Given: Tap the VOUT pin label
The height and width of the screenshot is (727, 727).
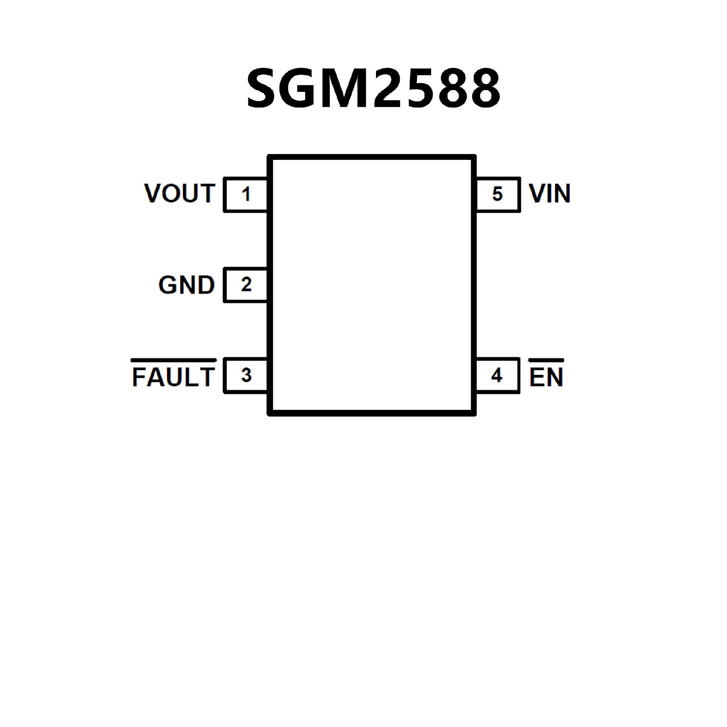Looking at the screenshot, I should click(x=180, y=193).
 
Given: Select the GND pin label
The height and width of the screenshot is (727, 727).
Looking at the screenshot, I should click(x=186, y=285).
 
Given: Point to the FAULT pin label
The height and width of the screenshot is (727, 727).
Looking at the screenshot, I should click(x=174, y=377).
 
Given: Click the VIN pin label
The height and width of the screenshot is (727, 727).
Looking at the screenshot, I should click(x=550, y=193).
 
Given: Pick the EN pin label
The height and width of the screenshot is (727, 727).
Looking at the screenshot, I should click(x=546, y=377).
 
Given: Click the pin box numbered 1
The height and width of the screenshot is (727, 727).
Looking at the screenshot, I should click(x=246, y=194).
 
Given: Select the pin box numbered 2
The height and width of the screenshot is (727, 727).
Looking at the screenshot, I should click(x=246, y=285).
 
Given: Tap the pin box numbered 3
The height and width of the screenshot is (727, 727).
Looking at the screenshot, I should click(x=246, y=376).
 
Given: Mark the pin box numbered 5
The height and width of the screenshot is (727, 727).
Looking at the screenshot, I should click(x=497, y=194).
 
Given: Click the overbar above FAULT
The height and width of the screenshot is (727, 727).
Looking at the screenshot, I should click(x=174, y=359).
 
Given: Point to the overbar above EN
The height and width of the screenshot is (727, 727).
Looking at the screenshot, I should click(x=546, y=359).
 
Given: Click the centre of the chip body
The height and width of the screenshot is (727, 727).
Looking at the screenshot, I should click(x=371, y=285).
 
